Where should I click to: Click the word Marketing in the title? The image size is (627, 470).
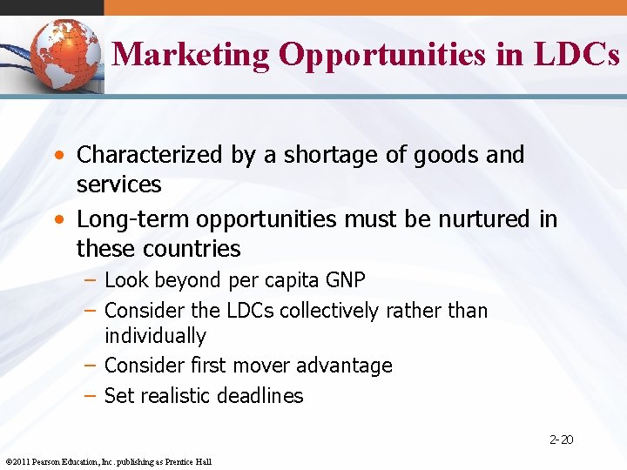click(192, 55)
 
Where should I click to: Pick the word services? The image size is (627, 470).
click(118, 185)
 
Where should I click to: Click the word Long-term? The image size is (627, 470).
click(124, 219)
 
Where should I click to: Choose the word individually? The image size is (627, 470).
click(155, 336)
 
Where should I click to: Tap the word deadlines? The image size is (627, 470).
click(261, 396)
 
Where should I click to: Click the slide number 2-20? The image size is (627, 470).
click(562, 440)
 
